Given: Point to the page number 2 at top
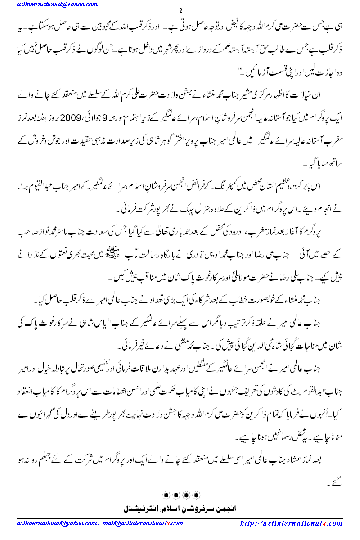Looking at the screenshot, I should click(x=180, y=10).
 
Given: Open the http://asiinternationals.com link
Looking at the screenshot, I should click(x=291, y=523).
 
